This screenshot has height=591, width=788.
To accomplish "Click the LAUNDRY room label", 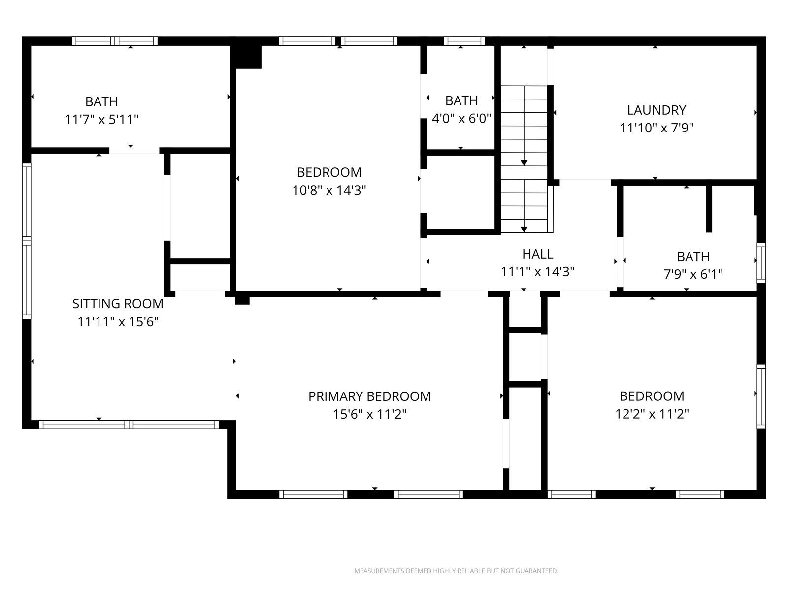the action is pos(656,110).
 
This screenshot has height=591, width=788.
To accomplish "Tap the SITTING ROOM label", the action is pos(118,304).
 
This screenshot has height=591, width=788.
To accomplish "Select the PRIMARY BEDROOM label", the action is pos(369,396).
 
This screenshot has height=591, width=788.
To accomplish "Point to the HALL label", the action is pos(537,254).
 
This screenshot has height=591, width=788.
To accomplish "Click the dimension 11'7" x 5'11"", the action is pos(101,120).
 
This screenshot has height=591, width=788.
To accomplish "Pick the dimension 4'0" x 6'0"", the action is pos(461,118).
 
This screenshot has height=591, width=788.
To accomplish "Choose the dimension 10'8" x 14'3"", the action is pos(329,190).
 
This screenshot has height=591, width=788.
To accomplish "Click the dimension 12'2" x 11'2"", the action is pos(652,414).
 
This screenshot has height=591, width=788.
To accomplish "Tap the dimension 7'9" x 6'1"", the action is pos(693,274).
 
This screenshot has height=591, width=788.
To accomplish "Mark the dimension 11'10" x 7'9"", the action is pos(656,128).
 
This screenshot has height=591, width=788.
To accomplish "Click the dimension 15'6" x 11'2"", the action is pos(369,415).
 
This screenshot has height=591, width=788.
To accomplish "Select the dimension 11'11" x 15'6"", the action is pos(118,322).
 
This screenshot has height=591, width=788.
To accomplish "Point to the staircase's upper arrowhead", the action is pos(524,163).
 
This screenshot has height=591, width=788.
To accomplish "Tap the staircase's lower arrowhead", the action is pos(524,230).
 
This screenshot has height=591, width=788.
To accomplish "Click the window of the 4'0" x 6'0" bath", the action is pos(464,41).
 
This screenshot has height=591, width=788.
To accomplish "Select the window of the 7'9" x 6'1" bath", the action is pos(761,263).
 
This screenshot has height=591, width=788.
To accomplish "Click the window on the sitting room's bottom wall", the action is pos(129,425).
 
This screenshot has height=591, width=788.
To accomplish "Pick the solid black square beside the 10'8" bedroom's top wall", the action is pos(246,57).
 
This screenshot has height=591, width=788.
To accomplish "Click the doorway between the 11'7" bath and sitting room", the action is pos(134,151).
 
